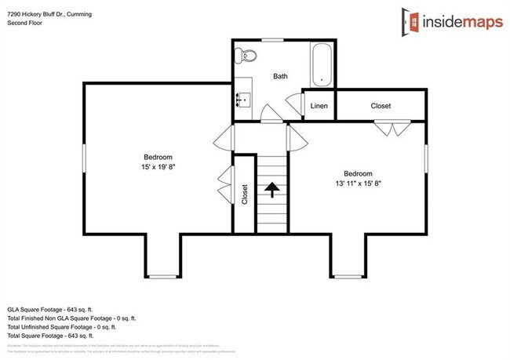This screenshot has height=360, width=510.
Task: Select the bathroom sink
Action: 242,99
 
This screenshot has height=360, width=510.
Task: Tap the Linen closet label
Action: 319,106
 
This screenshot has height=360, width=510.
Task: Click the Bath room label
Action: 280,76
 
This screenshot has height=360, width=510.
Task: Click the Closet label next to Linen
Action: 381,106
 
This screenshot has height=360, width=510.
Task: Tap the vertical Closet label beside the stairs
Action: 245,193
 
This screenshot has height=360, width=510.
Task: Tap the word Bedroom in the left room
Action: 158,157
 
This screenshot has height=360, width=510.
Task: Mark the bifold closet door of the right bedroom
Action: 390,129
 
